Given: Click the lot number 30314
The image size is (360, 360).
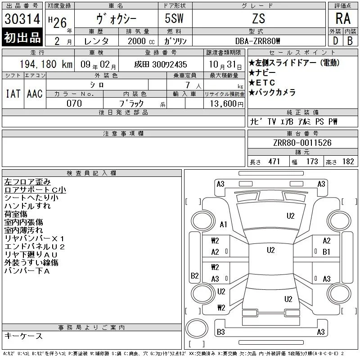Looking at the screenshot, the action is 22,18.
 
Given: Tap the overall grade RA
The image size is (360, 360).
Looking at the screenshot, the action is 343,18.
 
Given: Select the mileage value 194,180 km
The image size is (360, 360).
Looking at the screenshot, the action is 46,64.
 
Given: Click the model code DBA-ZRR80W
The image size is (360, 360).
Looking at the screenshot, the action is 257,41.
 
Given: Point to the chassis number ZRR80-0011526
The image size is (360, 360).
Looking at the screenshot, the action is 302,143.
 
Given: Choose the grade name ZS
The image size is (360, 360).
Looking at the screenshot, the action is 258,18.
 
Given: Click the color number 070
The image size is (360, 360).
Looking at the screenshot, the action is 74,103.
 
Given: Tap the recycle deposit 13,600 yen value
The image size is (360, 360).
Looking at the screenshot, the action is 226,104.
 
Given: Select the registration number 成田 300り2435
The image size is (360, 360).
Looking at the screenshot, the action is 161,64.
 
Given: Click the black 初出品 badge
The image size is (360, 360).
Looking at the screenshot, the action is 22,37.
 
